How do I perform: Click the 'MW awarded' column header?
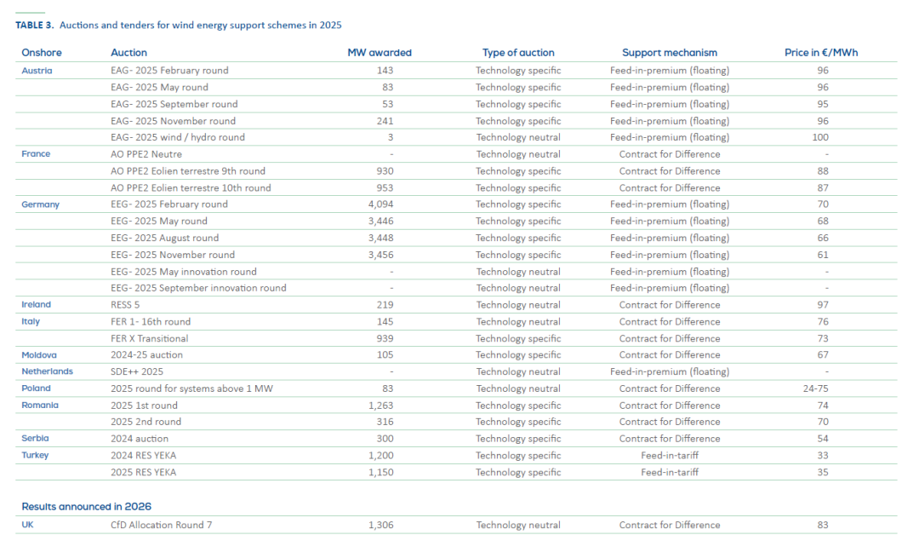[380, 53]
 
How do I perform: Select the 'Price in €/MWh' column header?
[821, 53]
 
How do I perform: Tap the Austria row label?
[37, 71]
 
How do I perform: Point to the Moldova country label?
[39, 355]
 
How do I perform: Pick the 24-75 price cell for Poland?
[822, 388]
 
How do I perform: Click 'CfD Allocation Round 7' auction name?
[161, 525]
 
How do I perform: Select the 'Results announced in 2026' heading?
[87, 507]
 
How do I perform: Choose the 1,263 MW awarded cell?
[381, 406]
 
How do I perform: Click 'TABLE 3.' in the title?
[34, 26]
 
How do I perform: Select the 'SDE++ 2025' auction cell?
[137, 371]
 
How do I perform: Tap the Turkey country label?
[35, 456]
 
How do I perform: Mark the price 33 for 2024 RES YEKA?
[822, 456]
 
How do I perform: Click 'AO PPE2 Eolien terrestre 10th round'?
[191, 187]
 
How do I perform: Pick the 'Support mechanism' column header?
[670, 53]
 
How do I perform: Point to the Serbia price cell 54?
[822, 439]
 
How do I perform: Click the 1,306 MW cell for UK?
[381, 525]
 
